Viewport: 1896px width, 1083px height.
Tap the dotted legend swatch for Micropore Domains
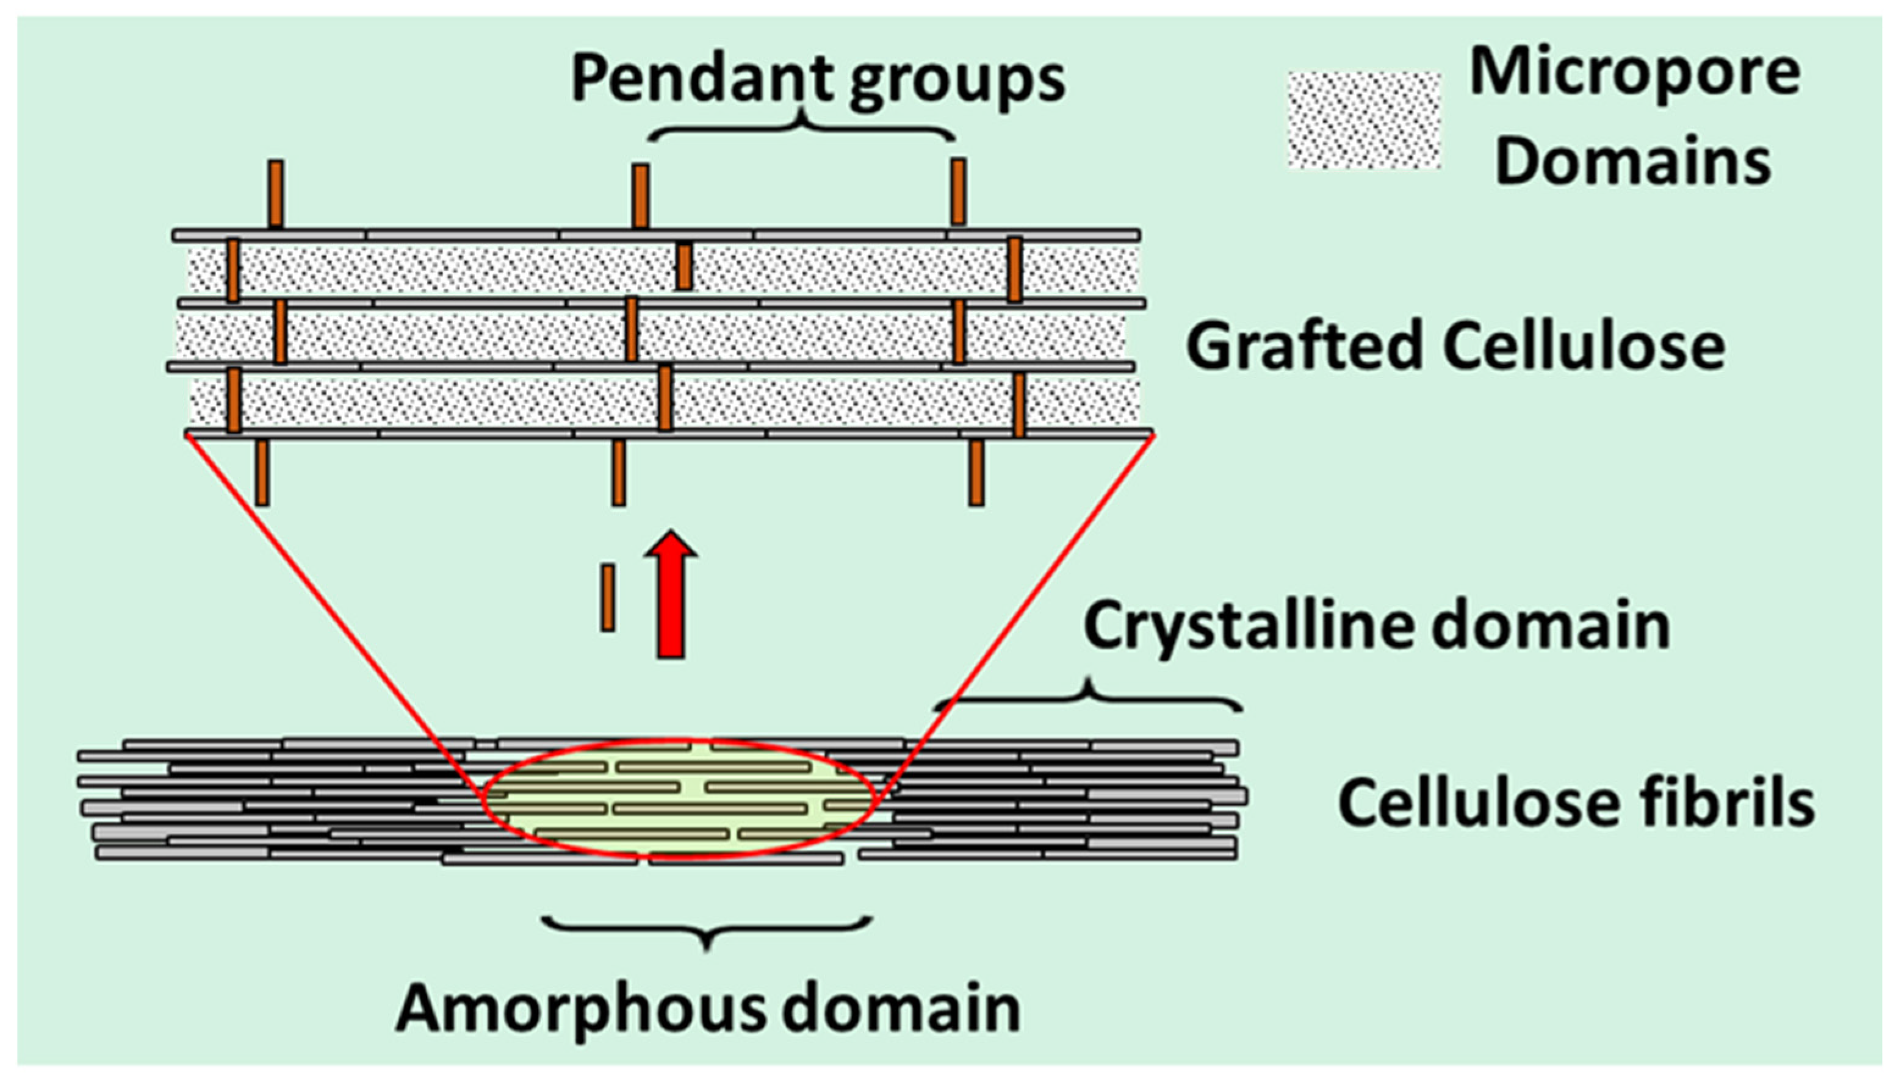[1364, 120]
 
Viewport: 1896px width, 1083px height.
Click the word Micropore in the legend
[1634, 74]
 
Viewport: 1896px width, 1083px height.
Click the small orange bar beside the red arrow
[608, 597]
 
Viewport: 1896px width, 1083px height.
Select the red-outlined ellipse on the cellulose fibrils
[679, 800]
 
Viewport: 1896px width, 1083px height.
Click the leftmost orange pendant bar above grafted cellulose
[276, 193]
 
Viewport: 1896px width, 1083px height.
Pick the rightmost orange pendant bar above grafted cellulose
[959, 192]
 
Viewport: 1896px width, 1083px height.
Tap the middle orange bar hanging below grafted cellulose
[618, 473]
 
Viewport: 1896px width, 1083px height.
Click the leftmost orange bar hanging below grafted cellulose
[262, 473]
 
